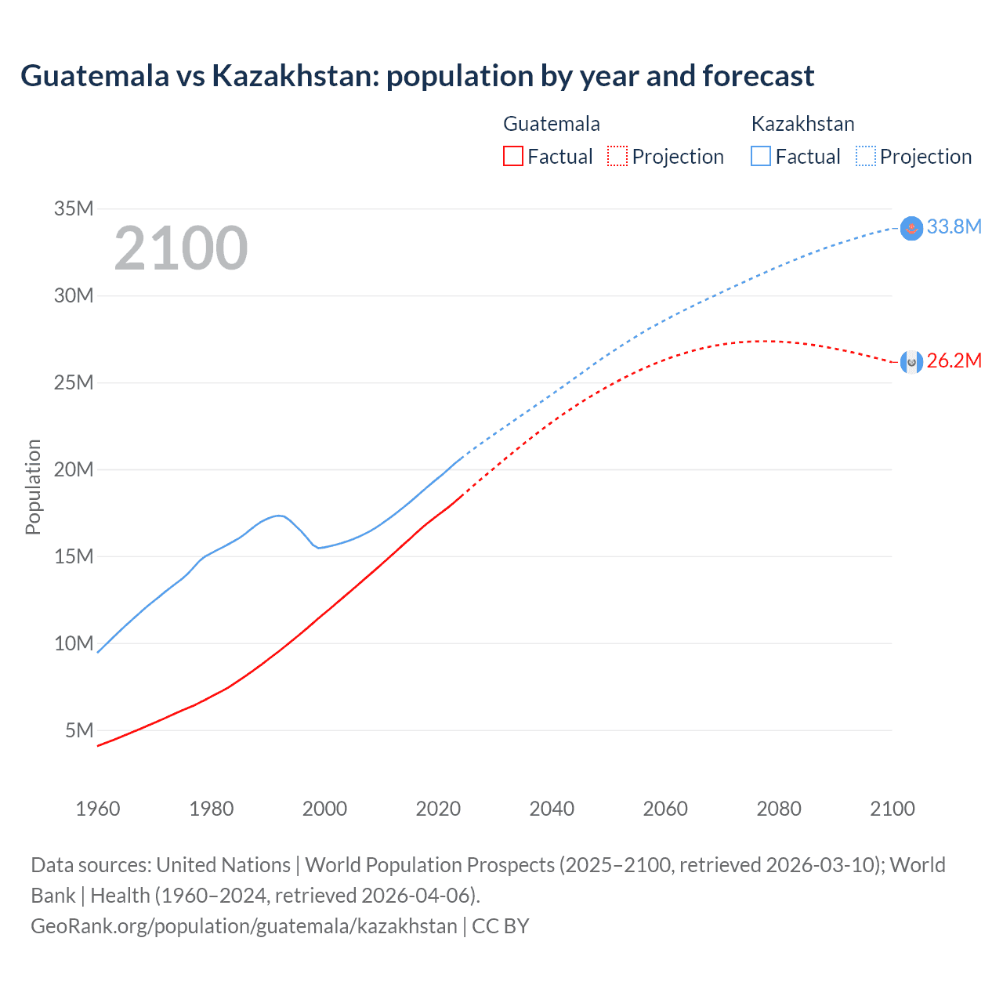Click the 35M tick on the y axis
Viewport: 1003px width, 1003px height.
pyautogui.click(x=74, y=208)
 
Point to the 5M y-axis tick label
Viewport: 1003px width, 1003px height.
pyautogui.click(x=79, y=730)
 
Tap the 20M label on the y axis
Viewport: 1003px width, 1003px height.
pyautogui.click(x=74, y=469)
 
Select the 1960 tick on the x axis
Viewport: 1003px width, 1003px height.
pyautogui.click(x=98, y=809)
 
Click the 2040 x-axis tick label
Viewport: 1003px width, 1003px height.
pyautogui.click(x=552, y=809)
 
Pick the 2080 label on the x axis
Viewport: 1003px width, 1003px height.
pyautogui.click(x=779, y=809)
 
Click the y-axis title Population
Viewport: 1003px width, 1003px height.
pyautogui.click(x=33, y=487)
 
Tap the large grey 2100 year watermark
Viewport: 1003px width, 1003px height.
pyautogui.click(x=181, y=249)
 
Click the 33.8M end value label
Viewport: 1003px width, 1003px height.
pyautogui.click(x=954, y=227)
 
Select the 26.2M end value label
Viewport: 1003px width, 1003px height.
pyautogui.click(x=954, y=361)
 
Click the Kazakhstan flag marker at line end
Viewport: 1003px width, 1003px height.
pyautogui.click(x=911, y=228)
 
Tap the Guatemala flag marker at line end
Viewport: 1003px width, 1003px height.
pyautogui.click(x=911, y=361)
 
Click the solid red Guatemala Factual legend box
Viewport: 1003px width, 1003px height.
pyautogui.click(x=512, y=157)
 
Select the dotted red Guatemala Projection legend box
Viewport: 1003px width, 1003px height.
pyautogui.click(x=617, y=157)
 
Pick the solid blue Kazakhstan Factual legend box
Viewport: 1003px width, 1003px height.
pyautogui.click(x=761, y=157)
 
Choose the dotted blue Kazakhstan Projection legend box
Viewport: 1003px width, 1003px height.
pyautogui.click(x=866, y=157)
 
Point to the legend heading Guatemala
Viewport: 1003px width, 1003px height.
pyautogui.click(x=552, y=124)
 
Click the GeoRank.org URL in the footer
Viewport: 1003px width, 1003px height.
pyautogui.click(x=244, y=926)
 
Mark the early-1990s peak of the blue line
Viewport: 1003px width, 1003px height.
pyautogui.click(x=278, y=515)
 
